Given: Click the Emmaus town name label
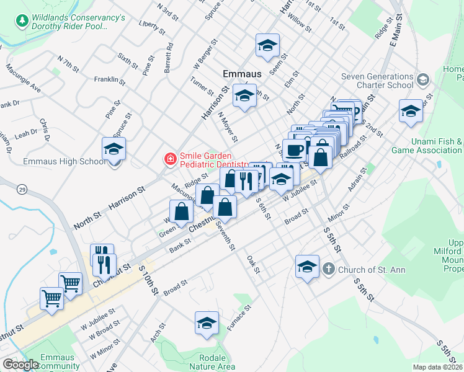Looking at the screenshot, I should (242, 74).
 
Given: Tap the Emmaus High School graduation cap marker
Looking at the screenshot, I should (114, 149).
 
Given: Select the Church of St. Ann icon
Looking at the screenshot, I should (328, 269).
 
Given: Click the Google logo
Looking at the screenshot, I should (20, 365).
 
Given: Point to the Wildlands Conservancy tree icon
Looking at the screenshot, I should (22, 21).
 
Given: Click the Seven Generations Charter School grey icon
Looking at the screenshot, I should (423, 79).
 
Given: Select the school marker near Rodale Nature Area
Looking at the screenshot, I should (207, 323).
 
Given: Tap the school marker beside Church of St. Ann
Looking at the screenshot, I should (306, 267).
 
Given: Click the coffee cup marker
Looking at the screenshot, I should (294, 149).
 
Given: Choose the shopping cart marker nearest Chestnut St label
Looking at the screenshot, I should (71, 284).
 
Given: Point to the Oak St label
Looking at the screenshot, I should (252, 265).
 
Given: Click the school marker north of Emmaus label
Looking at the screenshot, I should (268, 45).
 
